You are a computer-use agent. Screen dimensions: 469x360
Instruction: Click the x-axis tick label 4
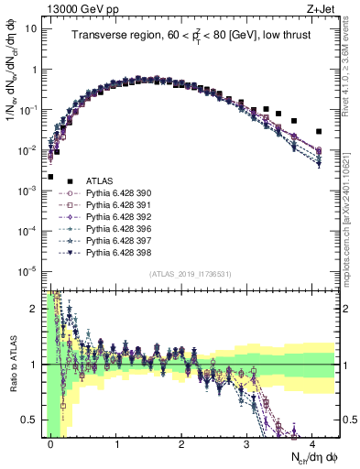point(312,443)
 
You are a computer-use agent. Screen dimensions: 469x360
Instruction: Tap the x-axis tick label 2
point(181,443)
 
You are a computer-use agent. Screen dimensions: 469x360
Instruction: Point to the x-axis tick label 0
point(51,443)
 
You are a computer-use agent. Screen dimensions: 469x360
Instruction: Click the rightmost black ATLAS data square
point(319,131)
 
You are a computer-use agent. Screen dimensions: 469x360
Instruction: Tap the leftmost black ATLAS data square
point(50,177)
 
